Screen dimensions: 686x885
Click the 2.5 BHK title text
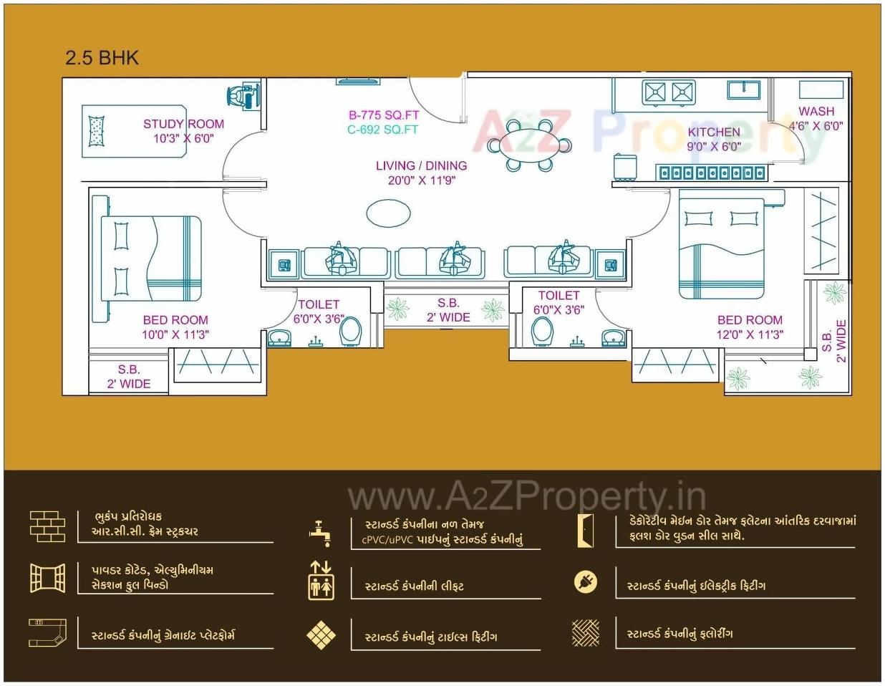102,58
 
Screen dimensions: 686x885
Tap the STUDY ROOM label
183,124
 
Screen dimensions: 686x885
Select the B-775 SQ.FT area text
384,115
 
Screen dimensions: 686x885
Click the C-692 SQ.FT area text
382,130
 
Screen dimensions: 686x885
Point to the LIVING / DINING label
421,165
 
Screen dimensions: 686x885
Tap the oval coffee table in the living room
388,212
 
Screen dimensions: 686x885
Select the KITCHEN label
714,132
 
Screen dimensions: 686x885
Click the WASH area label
816,111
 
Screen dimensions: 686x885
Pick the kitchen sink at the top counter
743,90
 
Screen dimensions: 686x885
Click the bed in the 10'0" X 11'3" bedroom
150,259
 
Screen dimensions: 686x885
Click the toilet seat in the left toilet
350,332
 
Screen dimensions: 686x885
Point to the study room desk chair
242,95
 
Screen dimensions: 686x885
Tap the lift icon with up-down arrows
321,580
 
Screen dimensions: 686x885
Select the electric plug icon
586,581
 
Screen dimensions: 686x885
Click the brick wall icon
47,526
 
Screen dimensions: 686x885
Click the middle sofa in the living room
440,261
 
